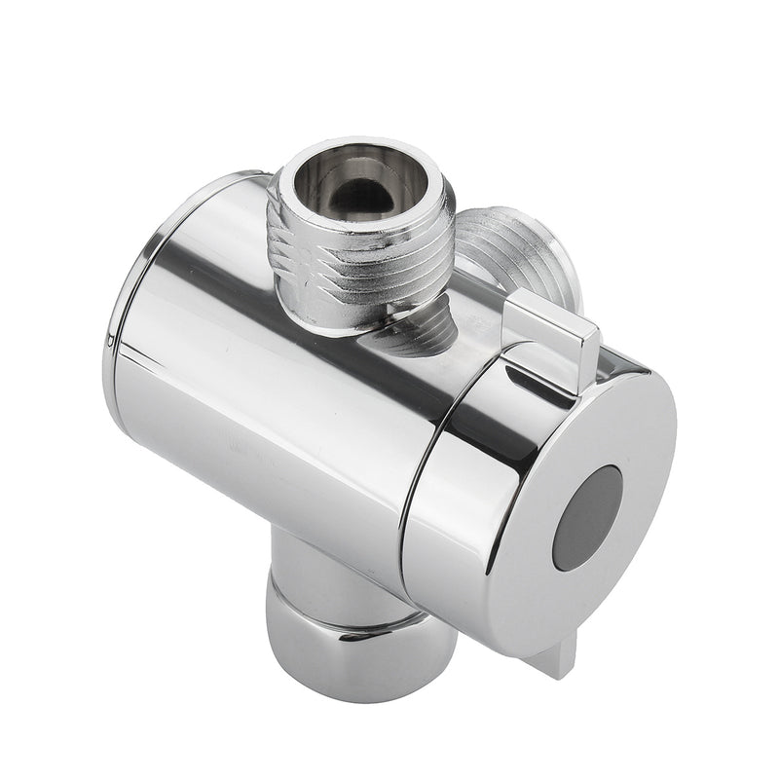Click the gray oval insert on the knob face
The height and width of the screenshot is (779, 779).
point(586,517)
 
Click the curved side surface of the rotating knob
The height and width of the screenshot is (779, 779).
point(458,506)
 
